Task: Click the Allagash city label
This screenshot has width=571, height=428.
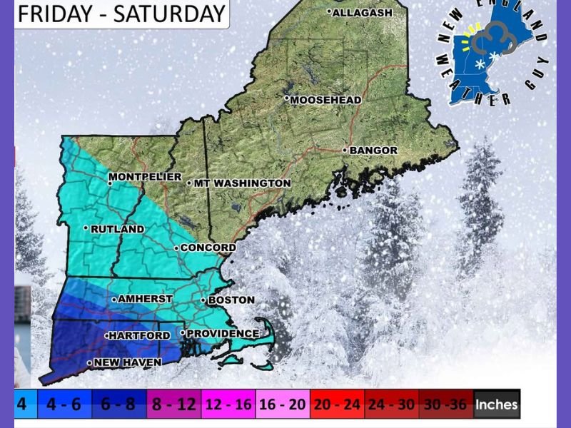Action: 360,12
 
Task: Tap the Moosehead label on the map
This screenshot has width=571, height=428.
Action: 325,100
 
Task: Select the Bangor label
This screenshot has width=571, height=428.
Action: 371,151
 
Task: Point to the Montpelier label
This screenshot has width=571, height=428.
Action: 146,177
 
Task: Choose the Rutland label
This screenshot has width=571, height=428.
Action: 116,229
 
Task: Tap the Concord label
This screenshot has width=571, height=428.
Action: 208,248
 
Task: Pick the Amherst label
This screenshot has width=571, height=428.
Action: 144,299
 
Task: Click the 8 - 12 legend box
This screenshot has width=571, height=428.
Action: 174,404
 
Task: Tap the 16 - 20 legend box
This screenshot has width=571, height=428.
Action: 282,404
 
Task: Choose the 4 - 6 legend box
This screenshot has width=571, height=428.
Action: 64,404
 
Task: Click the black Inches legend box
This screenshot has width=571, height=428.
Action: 497,404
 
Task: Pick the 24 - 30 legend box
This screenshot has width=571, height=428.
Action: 390,404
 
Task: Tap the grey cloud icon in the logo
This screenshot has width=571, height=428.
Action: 492,39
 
